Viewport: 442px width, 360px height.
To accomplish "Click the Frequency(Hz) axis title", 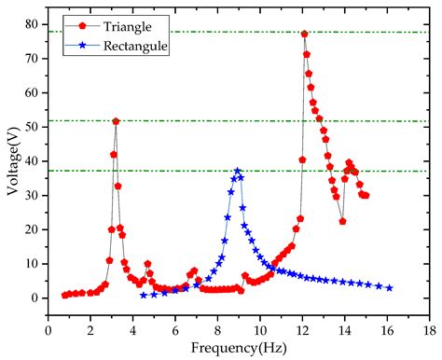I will (239, 348).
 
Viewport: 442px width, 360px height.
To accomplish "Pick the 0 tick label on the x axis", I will (48, 329).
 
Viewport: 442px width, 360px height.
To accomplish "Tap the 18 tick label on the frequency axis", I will (428, 329).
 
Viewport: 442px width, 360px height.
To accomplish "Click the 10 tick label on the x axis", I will (259, 329).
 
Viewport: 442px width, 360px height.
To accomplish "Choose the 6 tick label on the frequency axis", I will (175, 329).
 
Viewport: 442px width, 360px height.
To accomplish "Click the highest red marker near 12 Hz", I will (304, 35).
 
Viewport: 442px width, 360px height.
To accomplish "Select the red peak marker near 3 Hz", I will (116, 121).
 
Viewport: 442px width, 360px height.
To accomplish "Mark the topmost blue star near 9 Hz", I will (238, 172).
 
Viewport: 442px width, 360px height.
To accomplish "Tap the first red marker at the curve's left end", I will (64, 296).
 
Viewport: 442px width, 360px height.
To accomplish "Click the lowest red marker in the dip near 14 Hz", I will (342, 221).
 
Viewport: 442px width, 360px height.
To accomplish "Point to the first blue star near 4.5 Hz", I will (144, 295).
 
